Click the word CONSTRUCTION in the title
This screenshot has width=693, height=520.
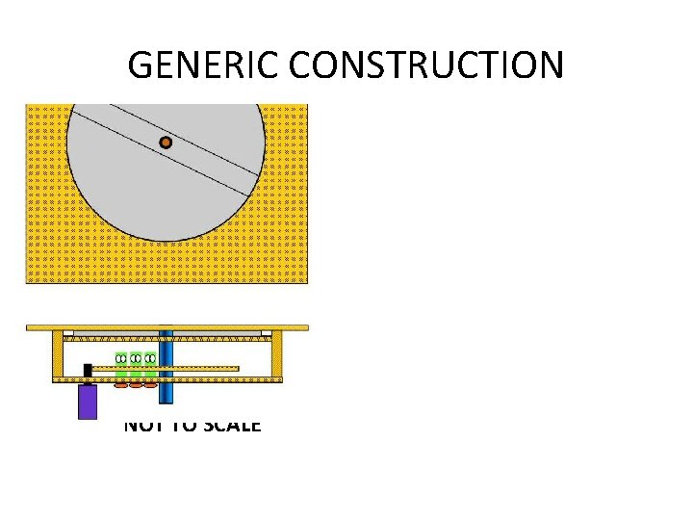[x=426, y=65]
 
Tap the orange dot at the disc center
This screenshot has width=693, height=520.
[x=166, y=143]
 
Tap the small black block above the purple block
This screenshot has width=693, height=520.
[x=88, y=370]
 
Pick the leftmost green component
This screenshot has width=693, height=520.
[x=121, y=366]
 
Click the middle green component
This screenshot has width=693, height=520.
[x=136, y=366]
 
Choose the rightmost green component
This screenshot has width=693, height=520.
[x=150, y=366]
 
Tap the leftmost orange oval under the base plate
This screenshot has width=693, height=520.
[x=120, y=385]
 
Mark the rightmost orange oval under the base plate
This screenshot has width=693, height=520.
[x=150, y=385]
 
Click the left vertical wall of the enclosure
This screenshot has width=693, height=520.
[x=58, y=354]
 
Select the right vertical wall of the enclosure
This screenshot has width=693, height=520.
[x=277, y=354]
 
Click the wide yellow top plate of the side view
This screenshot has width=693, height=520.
[x=167, y=327]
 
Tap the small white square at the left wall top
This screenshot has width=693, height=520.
[x=68, y=333]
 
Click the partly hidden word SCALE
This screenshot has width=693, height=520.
[x=228, y=425]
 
